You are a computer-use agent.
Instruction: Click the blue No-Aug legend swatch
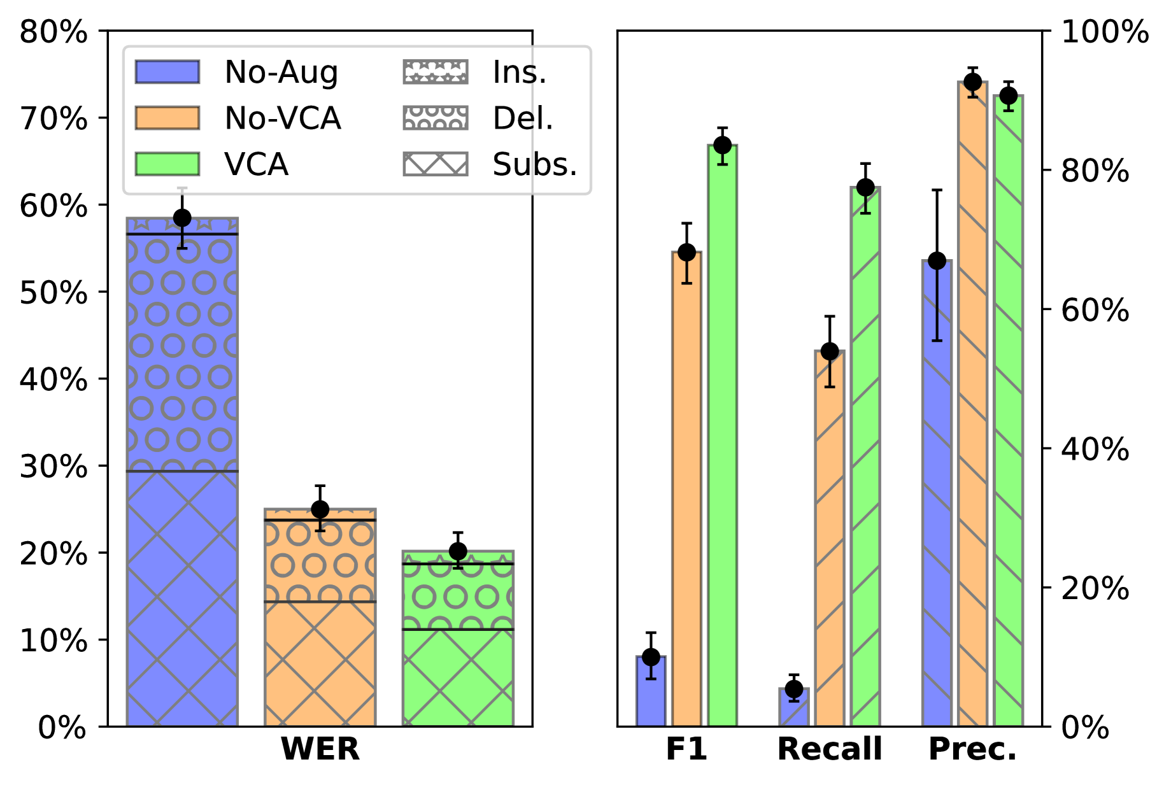pos(167,72)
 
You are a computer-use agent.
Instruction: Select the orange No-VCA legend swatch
pos(167,118)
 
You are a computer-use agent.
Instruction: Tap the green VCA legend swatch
pos(167,164)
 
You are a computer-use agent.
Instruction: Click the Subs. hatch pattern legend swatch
pos(436,164)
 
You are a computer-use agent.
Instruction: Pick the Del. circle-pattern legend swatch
pos(436,118)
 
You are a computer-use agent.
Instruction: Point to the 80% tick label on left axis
pos(53,32)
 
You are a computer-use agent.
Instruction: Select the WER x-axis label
pos(320,749)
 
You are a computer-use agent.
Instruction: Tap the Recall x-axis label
pos(830,749)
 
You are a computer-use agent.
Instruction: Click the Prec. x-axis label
pos(972,749)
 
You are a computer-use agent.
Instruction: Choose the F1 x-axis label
pos(686,749)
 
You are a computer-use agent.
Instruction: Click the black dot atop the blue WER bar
pos(182,218)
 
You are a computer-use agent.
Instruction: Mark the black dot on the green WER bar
pos(458,551)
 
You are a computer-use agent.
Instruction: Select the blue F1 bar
pos(651,694)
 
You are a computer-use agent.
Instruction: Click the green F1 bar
pos(722,446)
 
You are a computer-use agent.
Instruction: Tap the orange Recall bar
pos(830,541)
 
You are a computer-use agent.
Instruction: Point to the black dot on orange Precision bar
pos(972,82)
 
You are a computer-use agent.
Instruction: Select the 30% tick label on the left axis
pos(53,467)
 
